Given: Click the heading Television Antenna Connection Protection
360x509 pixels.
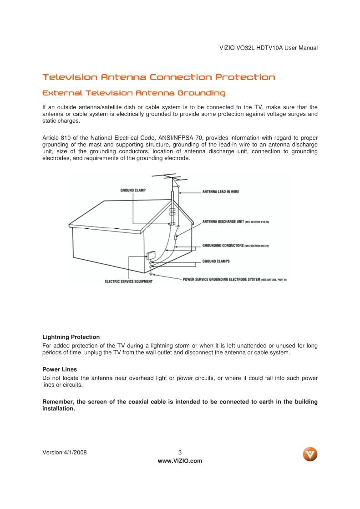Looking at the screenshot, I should click(158, 77).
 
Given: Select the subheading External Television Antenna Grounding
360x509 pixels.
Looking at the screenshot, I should click(133, 93).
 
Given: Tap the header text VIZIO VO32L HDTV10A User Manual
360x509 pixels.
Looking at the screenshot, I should click(268, 48).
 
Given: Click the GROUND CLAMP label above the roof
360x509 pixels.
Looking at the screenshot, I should click(133, 190).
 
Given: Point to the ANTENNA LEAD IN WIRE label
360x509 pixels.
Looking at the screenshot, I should click(220, 192).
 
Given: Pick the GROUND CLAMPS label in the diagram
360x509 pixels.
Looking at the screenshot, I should click(216, 262).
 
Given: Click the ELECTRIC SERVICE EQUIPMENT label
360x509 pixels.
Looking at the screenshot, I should click(129, 282).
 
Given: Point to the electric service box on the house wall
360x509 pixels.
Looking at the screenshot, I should click(150, 255).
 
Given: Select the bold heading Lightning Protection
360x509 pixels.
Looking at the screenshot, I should click(71, 337).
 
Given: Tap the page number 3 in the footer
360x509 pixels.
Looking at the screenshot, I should click(180, 453).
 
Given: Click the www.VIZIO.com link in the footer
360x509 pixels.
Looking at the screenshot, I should click(180, 461).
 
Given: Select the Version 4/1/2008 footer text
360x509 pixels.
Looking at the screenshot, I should click(65, 453).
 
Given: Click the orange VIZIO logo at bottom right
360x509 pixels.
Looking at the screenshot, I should click(310, 454).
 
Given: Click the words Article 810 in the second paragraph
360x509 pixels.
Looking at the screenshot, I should click(56, 138).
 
